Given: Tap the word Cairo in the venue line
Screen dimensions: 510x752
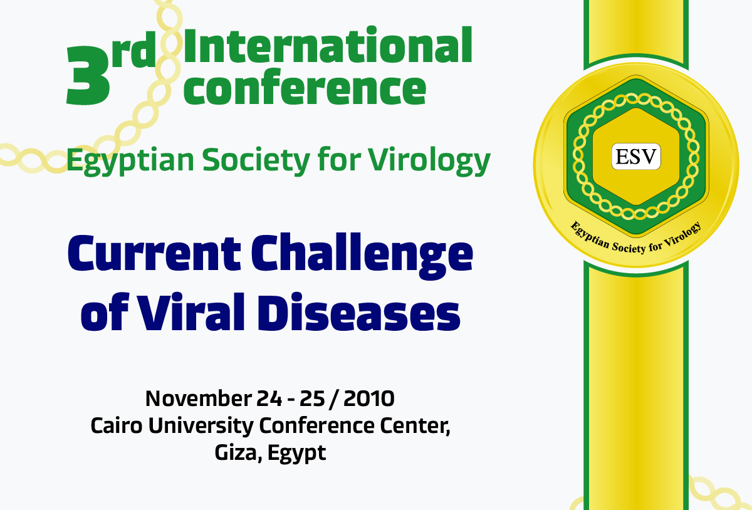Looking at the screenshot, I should click(112, 425).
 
